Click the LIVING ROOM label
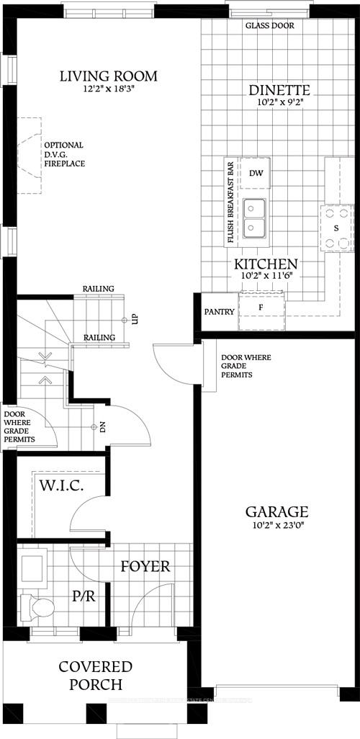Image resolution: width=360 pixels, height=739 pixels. pos(108,76)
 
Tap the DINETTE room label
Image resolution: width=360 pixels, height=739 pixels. pos(279,90)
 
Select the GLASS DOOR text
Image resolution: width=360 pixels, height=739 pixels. pos(269,26)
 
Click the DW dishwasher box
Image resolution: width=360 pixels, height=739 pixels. pos(255,173)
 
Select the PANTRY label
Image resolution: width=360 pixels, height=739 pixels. pos(219,312)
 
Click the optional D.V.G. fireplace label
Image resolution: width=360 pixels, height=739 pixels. pos(64,154)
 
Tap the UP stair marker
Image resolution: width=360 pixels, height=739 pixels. pos(134,319)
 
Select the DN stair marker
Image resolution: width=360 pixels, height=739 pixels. pos(102,427)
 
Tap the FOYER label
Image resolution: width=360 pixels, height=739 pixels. pos(145,566)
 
